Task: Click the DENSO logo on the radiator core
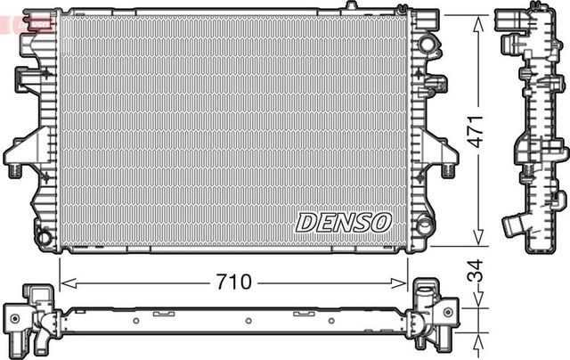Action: click(342, 222)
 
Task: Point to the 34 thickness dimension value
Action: click(477, 270)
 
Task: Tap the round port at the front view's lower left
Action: click(42, 238)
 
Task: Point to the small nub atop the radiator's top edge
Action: click(352, 7)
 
